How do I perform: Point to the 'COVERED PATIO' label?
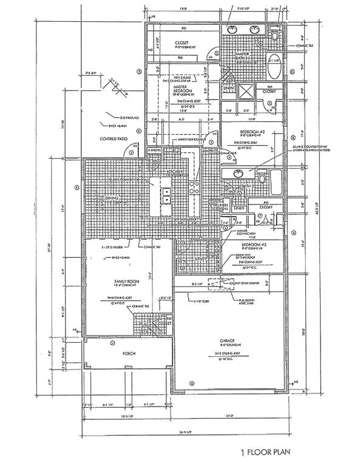(x=114, y=139)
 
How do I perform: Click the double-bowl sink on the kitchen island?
(x=166, y=195)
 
